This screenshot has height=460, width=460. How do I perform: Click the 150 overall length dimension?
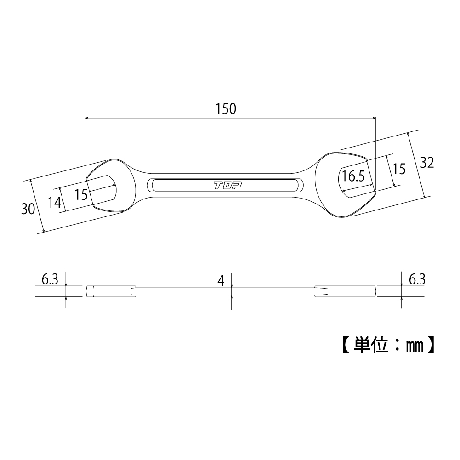226,109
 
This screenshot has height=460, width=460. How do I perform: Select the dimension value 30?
28,209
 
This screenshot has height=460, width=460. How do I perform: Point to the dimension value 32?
427,162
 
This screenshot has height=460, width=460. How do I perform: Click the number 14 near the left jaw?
54,203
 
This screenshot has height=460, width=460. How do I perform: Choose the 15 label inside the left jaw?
81,194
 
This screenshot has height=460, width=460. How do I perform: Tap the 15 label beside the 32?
399,169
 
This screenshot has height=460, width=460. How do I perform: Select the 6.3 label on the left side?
50,279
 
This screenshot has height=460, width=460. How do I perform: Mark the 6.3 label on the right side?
416,279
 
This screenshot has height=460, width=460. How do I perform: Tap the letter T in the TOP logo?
217,185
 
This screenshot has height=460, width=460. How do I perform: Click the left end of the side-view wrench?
87,291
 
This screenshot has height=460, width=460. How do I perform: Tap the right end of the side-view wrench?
375,291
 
